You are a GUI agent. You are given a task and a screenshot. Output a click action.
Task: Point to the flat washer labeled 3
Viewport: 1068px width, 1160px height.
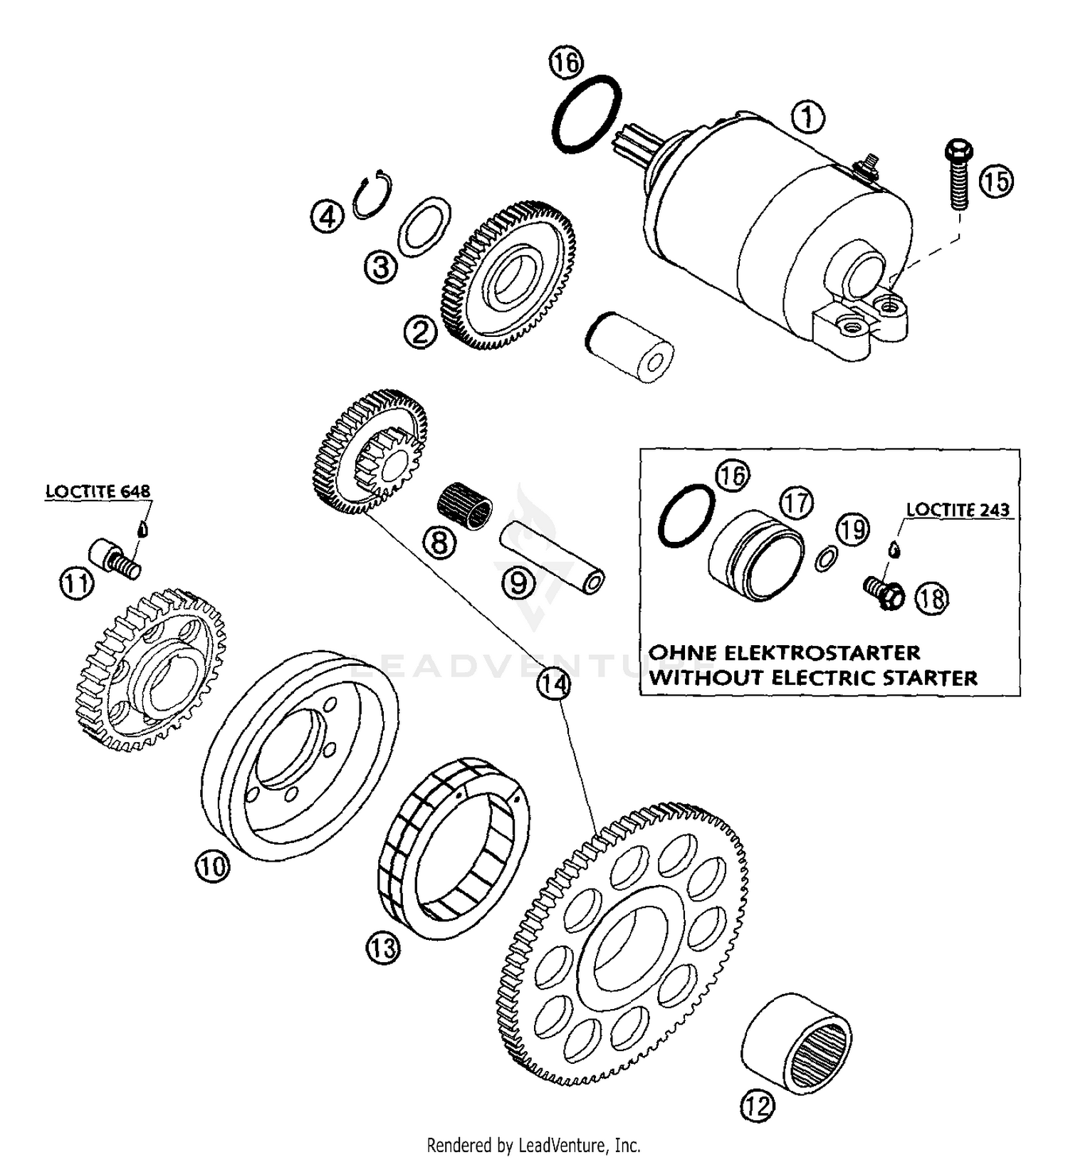(x=424, y=224)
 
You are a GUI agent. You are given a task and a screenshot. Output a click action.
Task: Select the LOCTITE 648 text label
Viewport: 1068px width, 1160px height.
(x=98, y=491)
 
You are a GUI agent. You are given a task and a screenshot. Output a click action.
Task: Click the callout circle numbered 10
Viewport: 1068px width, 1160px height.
(x=211, y=867)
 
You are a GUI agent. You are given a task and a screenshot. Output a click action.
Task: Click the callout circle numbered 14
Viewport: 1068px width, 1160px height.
(x=554, y=684)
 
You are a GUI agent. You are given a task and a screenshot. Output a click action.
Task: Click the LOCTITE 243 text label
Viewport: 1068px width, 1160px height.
(x=958, y=510)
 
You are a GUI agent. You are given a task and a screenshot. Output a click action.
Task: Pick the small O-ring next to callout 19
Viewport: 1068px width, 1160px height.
(x=825, y=560)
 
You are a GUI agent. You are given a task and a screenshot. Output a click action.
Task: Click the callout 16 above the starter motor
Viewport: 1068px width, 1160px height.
(x=566, y=63)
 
